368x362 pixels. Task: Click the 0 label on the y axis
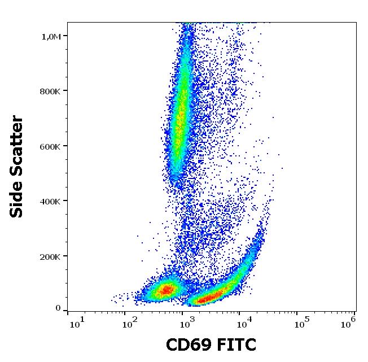[x=58, y=308]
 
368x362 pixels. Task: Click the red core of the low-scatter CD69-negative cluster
[x=166, y=290]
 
